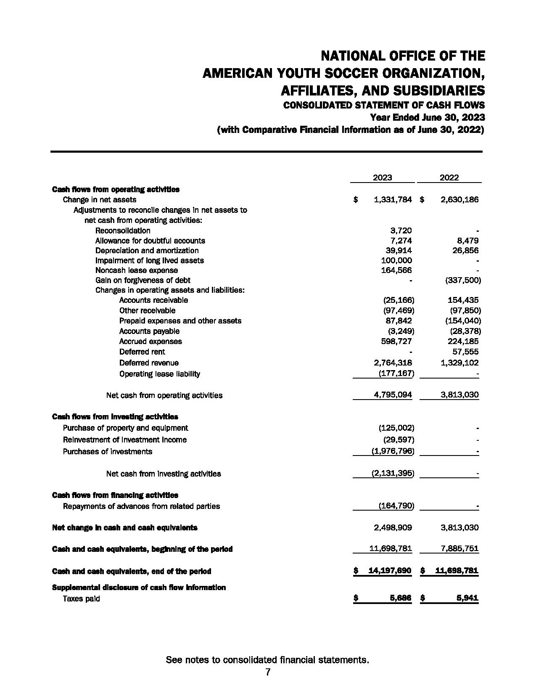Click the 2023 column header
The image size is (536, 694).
point(382,177)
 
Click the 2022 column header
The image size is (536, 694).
point(449,177)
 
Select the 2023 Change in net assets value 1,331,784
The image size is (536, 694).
point(392,199)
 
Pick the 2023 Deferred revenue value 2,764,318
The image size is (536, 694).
point(392,363)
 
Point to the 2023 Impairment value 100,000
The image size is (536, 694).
point(396,260)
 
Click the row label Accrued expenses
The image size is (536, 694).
point(151,342)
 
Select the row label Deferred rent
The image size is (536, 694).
point(142,352)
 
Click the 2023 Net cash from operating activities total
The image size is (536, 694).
point(392,395)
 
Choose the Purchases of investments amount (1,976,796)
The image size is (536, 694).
point(392,451)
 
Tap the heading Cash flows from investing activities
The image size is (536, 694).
point(115,417)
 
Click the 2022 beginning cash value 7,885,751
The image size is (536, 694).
point(459,548)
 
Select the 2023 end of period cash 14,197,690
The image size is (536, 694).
point(389,571)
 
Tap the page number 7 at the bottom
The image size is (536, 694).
point(268,672)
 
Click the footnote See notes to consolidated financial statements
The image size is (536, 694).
point(267,660)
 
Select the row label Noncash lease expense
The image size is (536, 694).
point(137,270)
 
